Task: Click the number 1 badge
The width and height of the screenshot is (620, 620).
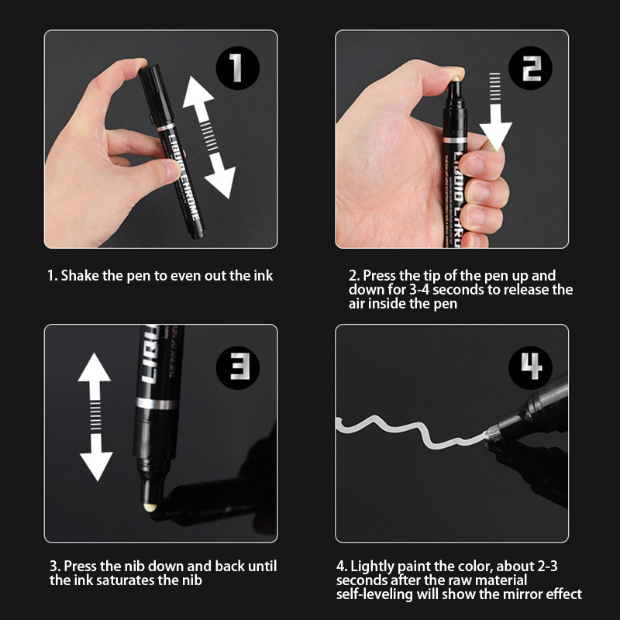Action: tap(237, 68)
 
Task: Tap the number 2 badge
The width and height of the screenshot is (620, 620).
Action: tap(530, 68)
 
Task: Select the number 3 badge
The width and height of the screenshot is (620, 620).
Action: tap(238, 367)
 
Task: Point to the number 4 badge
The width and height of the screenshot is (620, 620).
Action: tap(530, 367)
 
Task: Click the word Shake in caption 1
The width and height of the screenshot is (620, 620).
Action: tap(80, 276)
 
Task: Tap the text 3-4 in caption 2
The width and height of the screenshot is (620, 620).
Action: tap(419, 290)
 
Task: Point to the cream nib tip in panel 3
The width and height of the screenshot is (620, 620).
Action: tap(150, 508)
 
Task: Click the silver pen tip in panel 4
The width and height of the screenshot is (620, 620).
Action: tap(492, 435)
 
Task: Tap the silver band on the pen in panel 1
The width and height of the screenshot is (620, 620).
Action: tap(166, 127)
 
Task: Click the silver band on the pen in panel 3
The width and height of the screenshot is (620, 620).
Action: tap(157, 404)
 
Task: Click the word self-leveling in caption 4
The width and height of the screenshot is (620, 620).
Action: tap(374, 594)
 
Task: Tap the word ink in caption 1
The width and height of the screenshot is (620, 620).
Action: tap(263, 276)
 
